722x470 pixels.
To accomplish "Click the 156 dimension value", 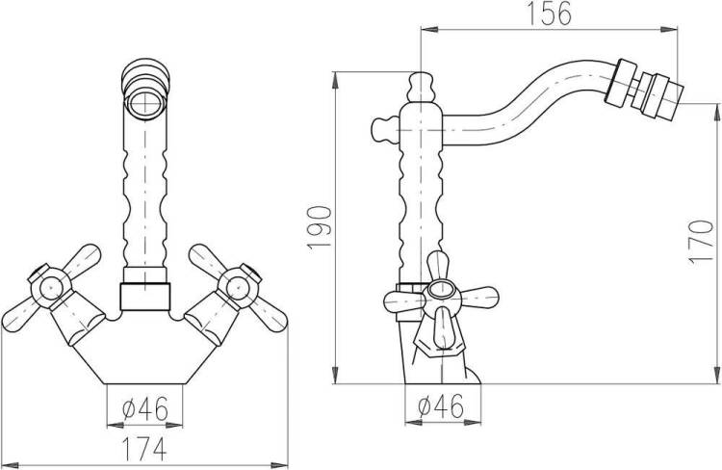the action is [549, 13].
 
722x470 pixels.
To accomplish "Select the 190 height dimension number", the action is [319, 227].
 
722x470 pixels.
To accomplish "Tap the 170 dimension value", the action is [701, 242].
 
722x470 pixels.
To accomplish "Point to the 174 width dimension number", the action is [144, 449].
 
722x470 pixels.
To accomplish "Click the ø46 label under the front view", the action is [145, 408].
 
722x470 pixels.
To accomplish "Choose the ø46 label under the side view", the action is [441, 405].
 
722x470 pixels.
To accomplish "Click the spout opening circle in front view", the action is [146, 101].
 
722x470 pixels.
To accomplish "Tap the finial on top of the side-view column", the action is [421, 87].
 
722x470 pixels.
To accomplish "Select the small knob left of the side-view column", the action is [384, 130].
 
